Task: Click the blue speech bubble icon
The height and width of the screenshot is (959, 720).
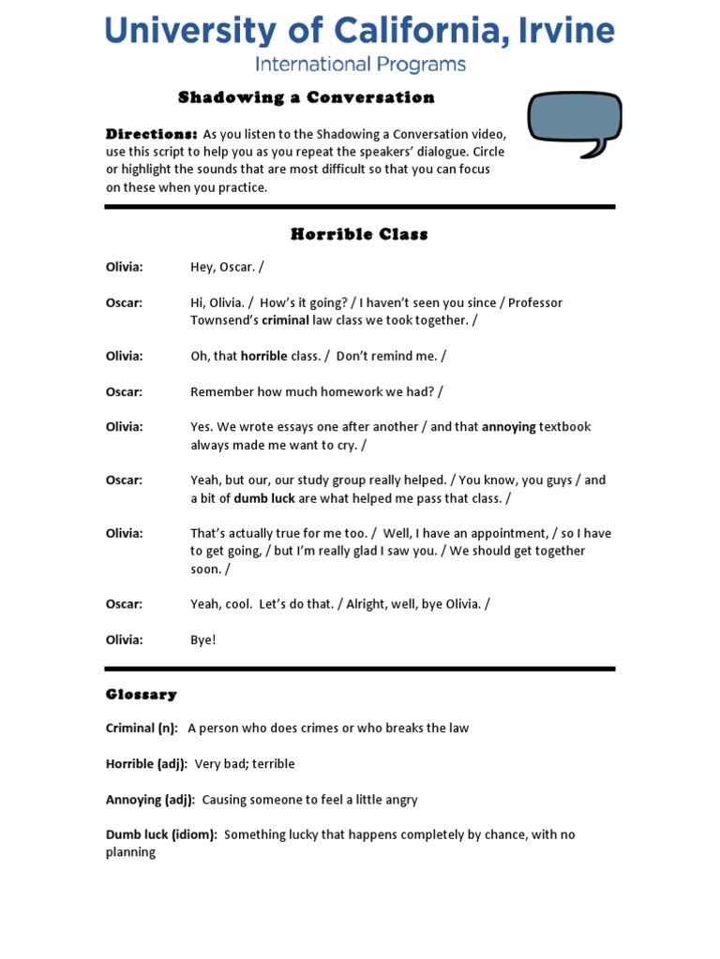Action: [x=574, y=122]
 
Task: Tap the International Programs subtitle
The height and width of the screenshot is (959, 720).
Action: [x=360, y=65]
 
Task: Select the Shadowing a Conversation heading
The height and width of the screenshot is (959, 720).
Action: [x=307, y=97]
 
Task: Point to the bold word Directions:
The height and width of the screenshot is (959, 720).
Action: [x=151, y=134]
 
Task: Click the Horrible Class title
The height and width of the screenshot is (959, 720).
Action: [x=359, y=234]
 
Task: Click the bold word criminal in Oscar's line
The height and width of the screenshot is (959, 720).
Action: [x=285, y=320]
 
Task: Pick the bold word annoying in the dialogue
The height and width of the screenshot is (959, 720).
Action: [x=508, y=427]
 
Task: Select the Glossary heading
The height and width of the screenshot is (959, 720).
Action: [x=141, y=694]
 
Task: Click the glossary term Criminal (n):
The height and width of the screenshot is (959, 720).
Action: [x=142, y=729]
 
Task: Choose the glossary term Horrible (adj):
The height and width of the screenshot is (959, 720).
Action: [x=146, y=764]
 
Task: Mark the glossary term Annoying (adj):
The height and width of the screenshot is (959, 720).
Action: [x=150, y=800]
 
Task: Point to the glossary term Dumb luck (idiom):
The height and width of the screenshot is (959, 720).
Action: [x=161, y=834]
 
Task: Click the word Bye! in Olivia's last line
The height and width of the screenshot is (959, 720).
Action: [x=203, y=641]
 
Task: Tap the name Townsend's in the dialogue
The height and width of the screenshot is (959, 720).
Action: [x=224, y=320]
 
